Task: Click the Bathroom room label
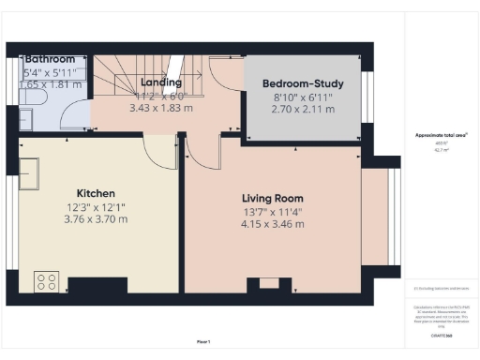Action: pyautogui.click(x=50, y=59)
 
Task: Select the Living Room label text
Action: pyautogui.click(x=273, y=198)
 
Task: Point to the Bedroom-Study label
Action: pyautogui.click(x=303, y=82)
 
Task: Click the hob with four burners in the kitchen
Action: pyautogui.click(x=46, y=281)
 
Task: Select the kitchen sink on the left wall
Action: pyautogui.click(x=28, y=174)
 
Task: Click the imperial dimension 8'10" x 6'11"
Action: pyautogui.click(x=303, y=97)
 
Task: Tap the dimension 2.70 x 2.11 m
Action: pyautogui.click(x=303, y=110)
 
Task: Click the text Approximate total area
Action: pyautogui.click(x=442, y=135)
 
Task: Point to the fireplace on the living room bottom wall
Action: pyautogui.click(x=269, y=284)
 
